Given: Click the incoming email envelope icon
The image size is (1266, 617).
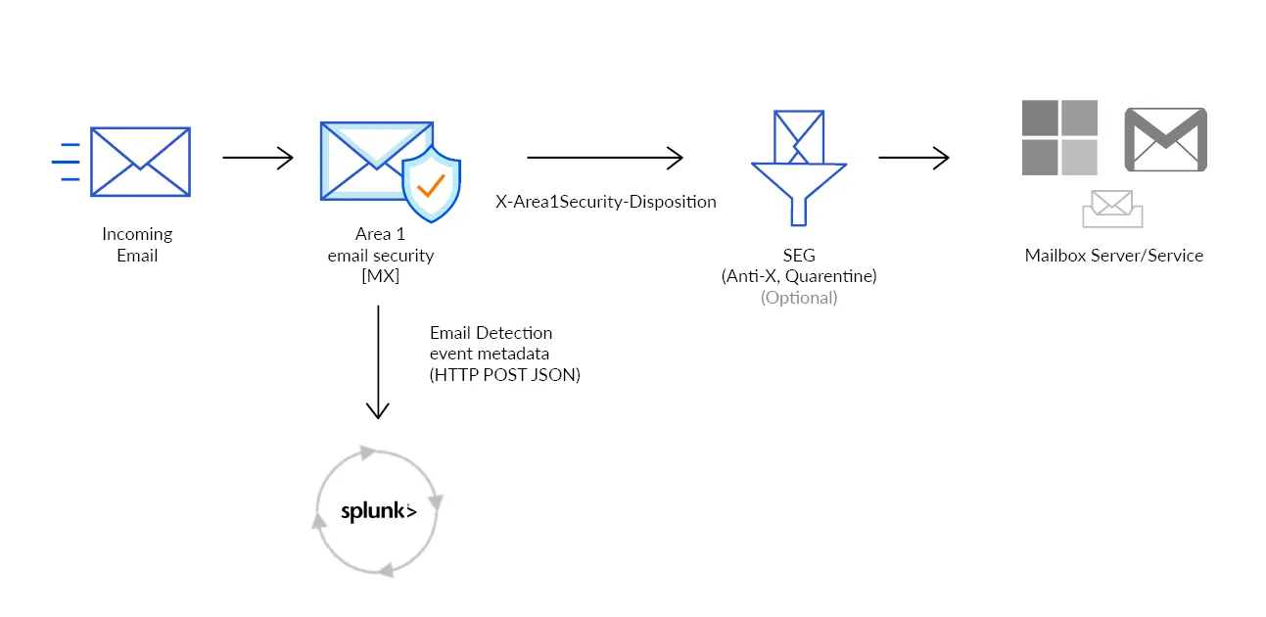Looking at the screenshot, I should pos(140,162).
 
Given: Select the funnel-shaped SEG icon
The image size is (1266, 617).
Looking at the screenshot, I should pos(798,167).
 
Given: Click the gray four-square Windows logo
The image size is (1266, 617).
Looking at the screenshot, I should pos(1059,137).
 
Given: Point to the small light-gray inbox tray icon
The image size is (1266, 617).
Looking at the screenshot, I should pos(1112,209).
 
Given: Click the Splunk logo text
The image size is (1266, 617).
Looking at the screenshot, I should pos(378,511).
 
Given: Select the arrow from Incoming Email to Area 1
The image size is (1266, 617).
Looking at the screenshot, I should pos(258,158).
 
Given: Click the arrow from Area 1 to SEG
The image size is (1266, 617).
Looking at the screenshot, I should pos(604,157).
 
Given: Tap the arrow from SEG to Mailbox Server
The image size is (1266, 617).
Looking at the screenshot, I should pos(914,158).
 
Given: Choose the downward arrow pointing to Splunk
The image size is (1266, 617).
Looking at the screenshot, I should pos(377,362).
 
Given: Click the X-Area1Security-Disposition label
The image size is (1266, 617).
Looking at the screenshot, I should pos(606,202).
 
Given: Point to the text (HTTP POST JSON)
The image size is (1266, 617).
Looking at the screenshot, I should pos(504,374).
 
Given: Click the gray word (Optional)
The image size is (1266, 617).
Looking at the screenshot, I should pos(799,298).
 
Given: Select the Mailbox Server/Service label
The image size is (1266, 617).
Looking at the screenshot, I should pos(1113,256).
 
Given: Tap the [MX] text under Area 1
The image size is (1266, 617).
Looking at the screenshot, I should pos(380,277).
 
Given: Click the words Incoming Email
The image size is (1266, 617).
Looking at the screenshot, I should pos(137,245).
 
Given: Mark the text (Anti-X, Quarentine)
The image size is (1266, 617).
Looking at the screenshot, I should pos(799,276).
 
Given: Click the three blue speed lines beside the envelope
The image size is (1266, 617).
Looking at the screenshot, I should pos(67,162).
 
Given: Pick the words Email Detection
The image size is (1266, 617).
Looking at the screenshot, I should pos(491,333).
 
